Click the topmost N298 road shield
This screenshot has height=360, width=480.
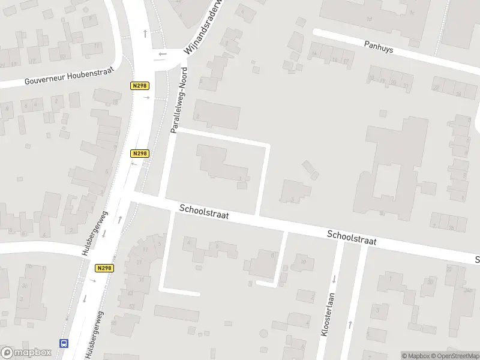(x=140, y=86)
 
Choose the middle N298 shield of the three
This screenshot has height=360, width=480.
(x=140, y=154)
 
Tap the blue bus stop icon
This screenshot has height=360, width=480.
(x=64, y=343)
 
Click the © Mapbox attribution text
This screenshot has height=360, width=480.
(x=416, y=356)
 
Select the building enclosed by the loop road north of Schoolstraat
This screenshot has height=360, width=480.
(x=222, y=163)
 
